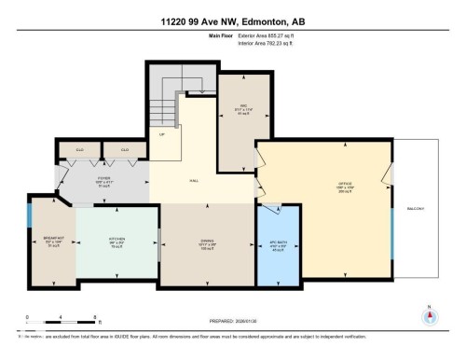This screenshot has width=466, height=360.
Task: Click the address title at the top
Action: click(232, 19)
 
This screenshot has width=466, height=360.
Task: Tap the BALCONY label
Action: click(415, 209)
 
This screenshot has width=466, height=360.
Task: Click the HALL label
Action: click(194, 180)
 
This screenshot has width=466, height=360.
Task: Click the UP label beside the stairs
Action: click(161, 135)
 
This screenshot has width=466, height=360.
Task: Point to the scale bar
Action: click(47, 320)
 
